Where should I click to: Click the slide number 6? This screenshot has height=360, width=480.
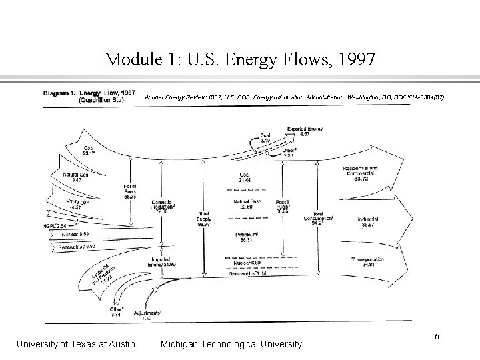[x=437, y=336]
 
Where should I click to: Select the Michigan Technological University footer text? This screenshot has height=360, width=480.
[x=231, y=344]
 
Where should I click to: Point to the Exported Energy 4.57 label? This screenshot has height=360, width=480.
[x=305, y=131]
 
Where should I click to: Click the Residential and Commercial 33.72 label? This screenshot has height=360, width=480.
[x=360, y=173]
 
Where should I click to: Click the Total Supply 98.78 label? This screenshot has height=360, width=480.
[x=204, y=219]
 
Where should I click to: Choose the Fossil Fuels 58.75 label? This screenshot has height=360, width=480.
[x=131, y=191]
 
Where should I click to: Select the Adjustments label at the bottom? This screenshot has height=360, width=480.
[x=147, y=315]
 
